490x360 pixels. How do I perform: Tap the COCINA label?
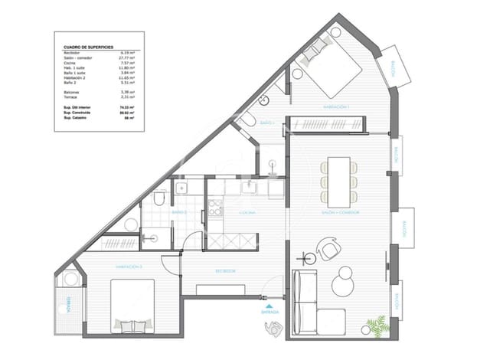tap(247, 211)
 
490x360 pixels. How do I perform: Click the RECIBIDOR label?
tap(224, 270)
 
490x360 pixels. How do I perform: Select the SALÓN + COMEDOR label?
tap(340, 212)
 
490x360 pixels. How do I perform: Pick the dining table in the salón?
tap(338, 173)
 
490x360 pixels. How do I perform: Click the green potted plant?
tap(376, 325)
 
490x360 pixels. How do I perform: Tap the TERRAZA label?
tap(68, 299)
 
